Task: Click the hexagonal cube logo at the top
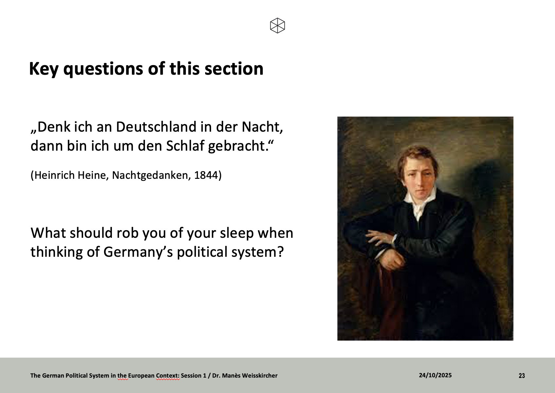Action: click(x=277, y=26)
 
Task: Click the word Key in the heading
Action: click(x=44, y=69)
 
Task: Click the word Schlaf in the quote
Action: click(x=186, y=145)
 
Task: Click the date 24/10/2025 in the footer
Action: click(x=435, y=375)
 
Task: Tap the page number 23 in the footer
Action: click(x=522, y=376)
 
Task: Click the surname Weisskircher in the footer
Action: click(x=260, y=375)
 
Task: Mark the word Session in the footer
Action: click(x=191, y=375)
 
